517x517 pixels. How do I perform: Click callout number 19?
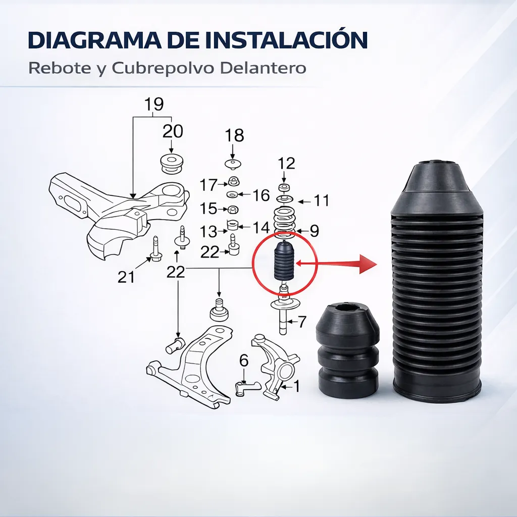point(154,104)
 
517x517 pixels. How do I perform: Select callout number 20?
point(173,131)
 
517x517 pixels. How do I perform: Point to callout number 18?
point(234,135)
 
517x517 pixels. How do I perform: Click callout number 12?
point(286,163)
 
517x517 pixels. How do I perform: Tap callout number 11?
point(322,200)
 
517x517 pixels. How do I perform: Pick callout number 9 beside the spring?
point(315,230)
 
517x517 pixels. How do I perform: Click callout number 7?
point(302,322)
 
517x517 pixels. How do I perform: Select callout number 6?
point(244,360)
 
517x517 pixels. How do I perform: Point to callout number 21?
point(126,277)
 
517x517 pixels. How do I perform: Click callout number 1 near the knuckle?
point(296,386)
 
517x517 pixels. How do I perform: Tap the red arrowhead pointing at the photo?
point(368,264)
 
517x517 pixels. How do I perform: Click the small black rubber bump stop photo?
point(347,351)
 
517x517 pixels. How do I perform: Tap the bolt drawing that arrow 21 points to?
point(156,248)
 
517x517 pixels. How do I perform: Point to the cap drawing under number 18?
point(233,164)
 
